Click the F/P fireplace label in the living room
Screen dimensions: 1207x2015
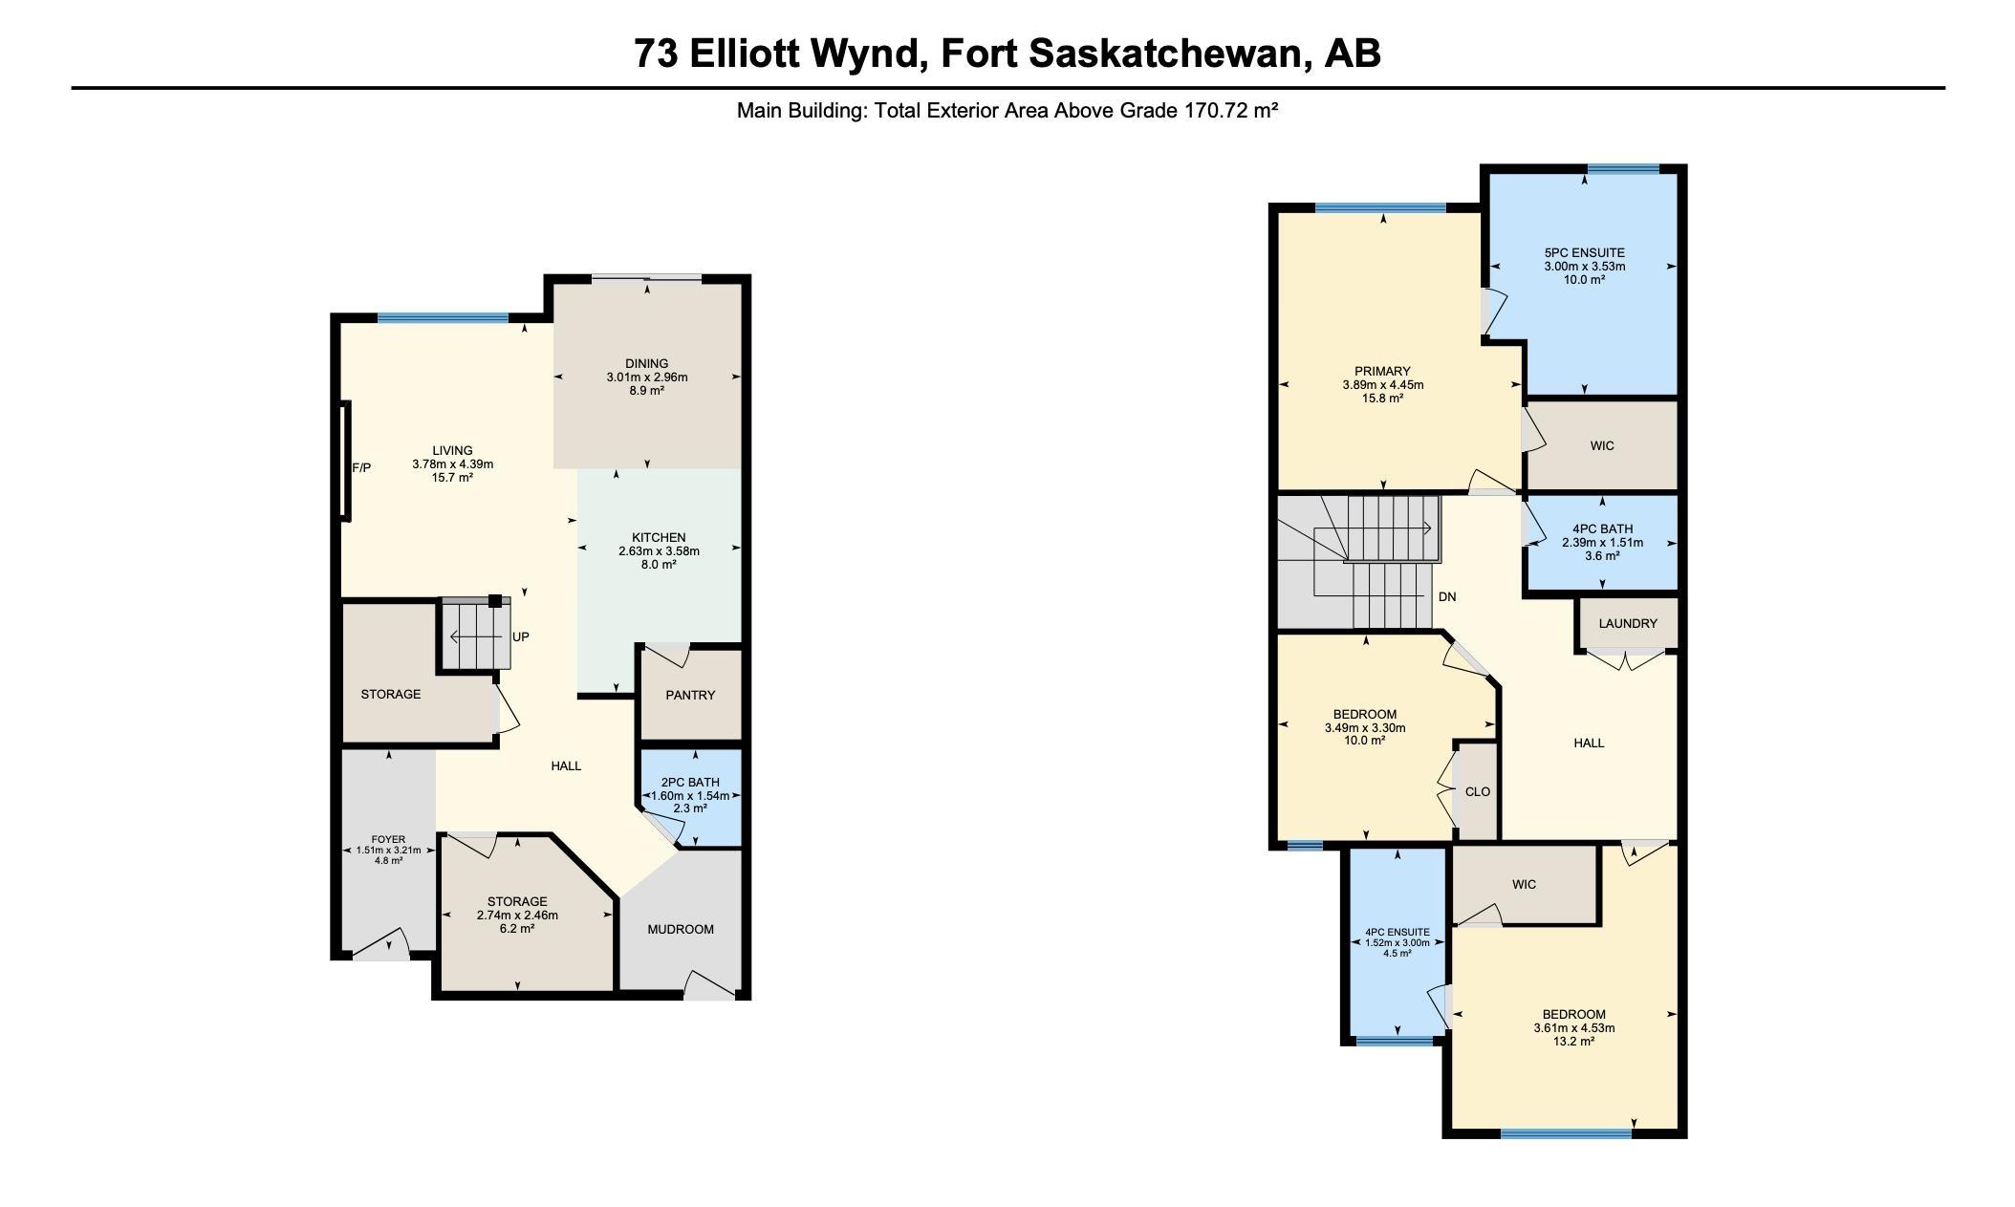[x=361, y=468]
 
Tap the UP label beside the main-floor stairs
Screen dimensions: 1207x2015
[x=520, y=636]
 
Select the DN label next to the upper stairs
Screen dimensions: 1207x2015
[x=1446, y=596]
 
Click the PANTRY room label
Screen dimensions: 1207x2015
[x=690, y=695]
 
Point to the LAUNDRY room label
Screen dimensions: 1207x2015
[x=1627, y=623]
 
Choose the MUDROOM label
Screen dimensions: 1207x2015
[x=681, y=929]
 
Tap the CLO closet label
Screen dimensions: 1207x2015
[x=1477, y=791]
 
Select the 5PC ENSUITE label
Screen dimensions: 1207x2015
[x=1584, y=252]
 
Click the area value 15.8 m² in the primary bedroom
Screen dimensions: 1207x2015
[x=1382, y=399]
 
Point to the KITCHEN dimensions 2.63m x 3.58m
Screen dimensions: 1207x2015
[x=659, y=550]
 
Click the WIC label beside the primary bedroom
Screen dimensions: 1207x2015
[x=1602, y=445]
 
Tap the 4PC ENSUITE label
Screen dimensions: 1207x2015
[x=1397, y=932]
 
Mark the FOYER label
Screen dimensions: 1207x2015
[x=388, y=839]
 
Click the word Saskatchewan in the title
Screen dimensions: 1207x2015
[x=1166, y=54]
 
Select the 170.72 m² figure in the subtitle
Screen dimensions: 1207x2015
[x=1231, y=110]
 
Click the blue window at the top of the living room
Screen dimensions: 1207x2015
[x=443, y=318]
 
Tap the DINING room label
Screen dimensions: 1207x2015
[x=647, y=363]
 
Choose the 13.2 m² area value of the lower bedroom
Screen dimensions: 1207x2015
[x=1573, y=1042]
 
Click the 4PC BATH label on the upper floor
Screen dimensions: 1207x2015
[x=1602, y=528]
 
